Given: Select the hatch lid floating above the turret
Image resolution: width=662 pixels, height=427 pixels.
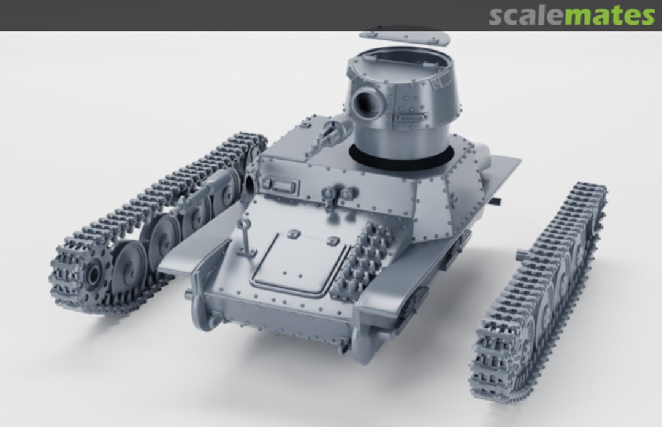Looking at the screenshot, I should tap(405, 37).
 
